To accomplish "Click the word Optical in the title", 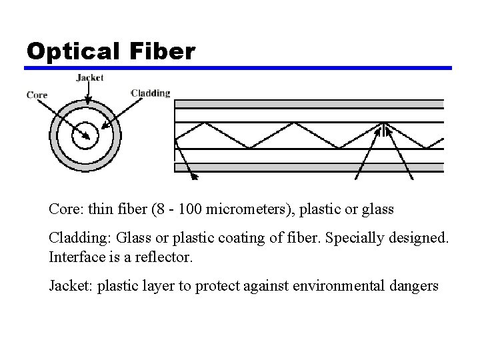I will (71, 51).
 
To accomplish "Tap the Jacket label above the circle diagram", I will (90, 78).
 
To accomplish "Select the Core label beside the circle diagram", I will (37, 95).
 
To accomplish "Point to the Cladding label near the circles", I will (151, 93).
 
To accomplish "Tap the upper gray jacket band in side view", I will (308, 104).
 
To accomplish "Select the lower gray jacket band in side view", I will (308, 167).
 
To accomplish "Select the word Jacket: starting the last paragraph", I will (71, 287).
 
